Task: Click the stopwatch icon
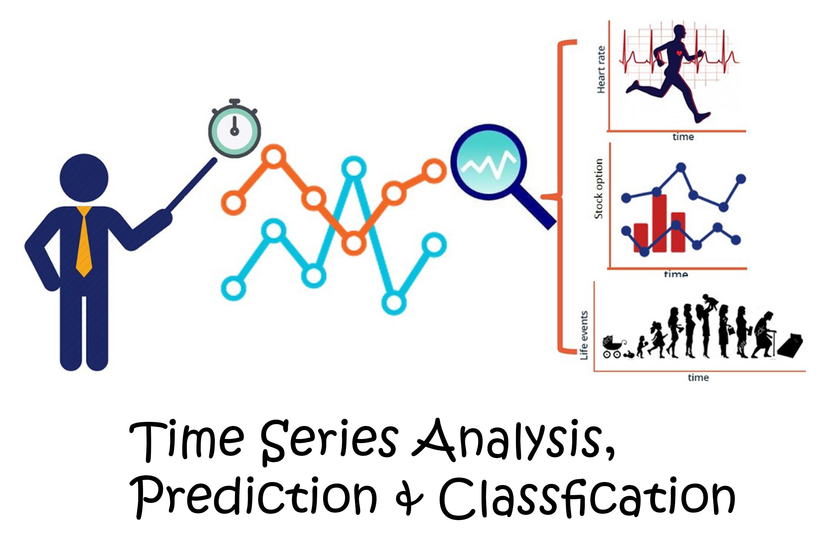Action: (x=234, y=129)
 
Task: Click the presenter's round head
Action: (x=84, y=178)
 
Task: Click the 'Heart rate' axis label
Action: (x=601, y=70)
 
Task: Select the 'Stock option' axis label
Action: (x=598, y=189)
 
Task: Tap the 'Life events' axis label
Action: (x=584, y=335)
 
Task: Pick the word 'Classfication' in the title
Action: (x=587, y=497)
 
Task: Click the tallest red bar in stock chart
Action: (x=659, y=223)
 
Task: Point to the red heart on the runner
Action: (x=679, y=53)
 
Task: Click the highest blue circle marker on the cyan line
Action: (x=354, y=168)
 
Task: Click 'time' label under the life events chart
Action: (x=698, y=378)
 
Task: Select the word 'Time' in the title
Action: (x=187, y=440)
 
